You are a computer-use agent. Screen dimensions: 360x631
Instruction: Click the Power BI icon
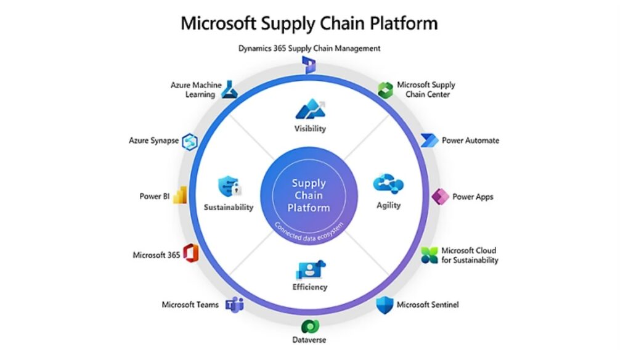tap(180, 196)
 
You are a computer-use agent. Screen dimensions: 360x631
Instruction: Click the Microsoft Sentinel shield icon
tap(385, 304)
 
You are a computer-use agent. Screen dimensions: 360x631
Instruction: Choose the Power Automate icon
tap(430, 140)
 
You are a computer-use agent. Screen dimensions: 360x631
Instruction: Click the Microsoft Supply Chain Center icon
tap(386, 89)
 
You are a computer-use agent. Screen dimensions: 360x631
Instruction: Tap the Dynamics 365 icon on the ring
tap(310, 64)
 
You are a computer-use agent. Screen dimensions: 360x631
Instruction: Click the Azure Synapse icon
tap(188, 141)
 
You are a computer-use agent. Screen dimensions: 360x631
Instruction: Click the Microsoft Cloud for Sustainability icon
tap(429, 255)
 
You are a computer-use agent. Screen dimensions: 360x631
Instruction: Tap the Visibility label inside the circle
tap(310, 129)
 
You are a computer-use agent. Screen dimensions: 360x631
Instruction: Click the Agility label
tap(389, 205)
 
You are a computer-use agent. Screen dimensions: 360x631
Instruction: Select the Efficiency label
tap(310, 287)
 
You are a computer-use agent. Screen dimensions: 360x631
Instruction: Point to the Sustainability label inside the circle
tap(229, 207)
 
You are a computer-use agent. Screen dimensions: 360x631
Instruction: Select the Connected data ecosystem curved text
tap(309, 229)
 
